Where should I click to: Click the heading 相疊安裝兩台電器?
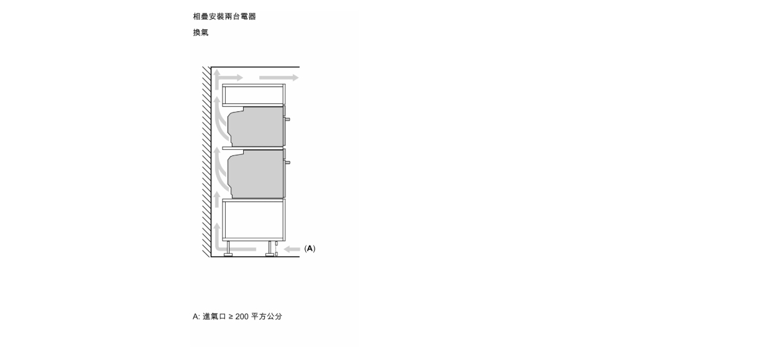pos(224,16)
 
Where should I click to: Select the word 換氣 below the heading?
pos(201,32)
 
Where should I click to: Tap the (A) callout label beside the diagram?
pos(310,249)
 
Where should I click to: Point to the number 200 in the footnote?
pos(242,316)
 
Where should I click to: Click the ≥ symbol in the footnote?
pos(231,316)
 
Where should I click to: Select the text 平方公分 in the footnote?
pos(266,316)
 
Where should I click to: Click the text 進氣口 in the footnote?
pos(214,316)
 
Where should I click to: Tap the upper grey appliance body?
pos(256,127)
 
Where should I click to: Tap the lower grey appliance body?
pos(256,174)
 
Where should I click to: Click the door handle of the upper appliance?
pos(288,119)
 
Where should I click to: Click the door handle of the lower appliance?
pos(288,162)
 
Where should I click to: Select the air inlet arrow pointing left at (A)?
pos(292,249)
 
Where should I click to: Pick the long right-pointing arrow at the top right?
pos(279,78)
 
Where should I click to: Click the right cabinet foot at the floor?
pos(270,249)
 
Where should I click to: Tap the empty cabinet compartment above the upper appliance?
pos(254,95)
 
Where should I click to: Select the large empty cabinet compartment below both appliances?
pos(254,219)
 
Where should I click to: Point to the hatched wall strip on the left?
pos(206,162)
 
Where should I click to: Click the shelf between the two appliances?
pos(252,149)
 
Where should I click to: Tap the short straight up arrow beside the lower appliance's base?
pos(217,200)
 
